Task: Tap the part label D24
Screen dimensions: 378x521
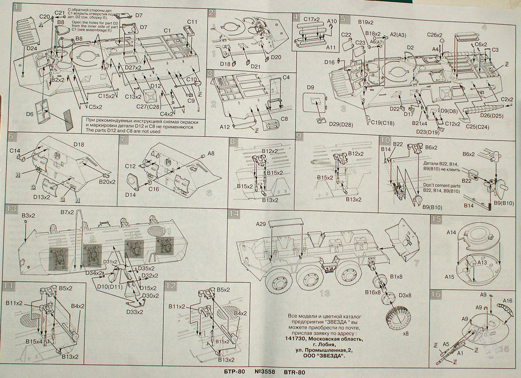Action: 31,48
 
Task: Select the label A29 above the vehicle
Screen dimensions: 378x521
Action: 261,224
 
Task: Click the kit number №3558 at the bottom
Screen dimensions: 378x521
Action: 264,372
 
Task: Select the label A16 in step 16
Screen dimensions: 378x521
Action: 507,301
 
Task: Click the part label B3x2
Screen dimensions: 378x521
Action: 28,216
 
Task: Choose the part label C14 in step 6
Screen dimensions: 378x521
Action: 15,151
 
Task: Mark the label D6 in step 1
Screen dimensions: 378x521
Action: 29,114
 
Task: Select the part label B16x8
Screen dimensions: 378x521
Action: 373,292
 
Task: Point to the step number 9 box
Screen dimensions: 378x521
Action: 299,136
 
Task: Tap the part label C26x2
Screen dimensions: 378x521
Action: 436,35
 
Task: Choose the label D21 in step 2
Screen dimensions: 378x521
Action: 256,67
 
